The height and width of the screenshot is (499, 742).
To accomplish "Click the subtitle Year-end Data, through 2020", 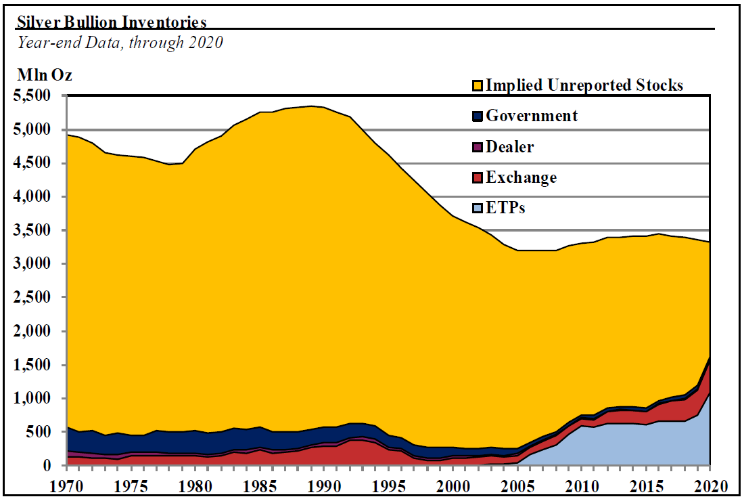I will pyautogui.click(x=120, y=42).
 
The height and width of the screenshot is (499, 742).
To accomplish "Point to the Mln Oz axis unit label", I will pyautogui.click(x=44, y=75).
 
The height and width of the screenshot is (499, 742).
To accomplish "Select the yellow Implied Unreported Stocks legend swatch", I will pyautogui.click(x=478, y=85).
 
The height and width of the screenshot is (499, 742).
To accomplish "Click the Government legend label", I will pyautogui.click(x=532, y=116).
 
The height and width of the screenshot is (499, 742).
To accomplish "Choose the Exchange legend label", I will pyautogui.click(x=521, y=177).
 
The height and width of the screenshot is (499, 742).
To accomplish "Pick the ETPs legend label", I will pyautogui.click(x=505, y=208).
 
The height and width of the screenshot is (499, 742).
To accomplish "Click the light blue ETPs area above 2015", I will pyautogui.click(x=646, y=447).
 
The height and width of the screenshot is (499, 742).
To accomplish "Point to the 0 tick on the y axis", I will pyautogui.click(x=47, y=466).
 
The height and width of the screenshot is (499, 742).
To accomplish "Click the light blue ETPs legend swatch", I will pyautogui.click(x=478, y=208).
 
